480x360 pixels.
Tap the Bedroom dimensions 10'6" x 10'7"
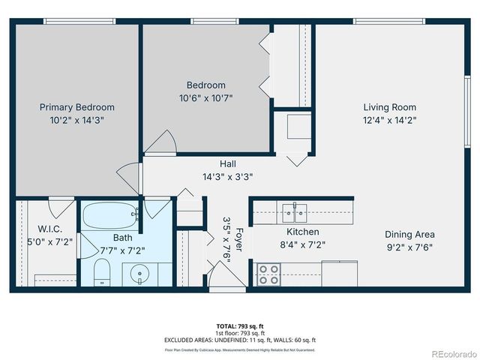pos(206,97)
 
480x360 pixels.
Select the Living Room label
pos(389,107)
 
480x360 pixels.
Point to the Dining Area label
pos(409,234)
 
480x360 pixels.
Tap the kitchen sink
pos(295,208)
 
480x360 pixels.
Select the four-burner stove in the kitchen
pos(268,275)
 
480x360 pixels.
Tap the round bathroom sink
pos(139,274)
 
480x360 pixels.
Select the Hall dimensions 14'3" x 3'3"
pos(227,177)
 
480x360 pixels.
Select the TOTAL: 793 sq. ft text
pos(240,326)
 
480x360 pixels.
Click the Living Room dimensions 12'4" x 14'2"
pos(389,119)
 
